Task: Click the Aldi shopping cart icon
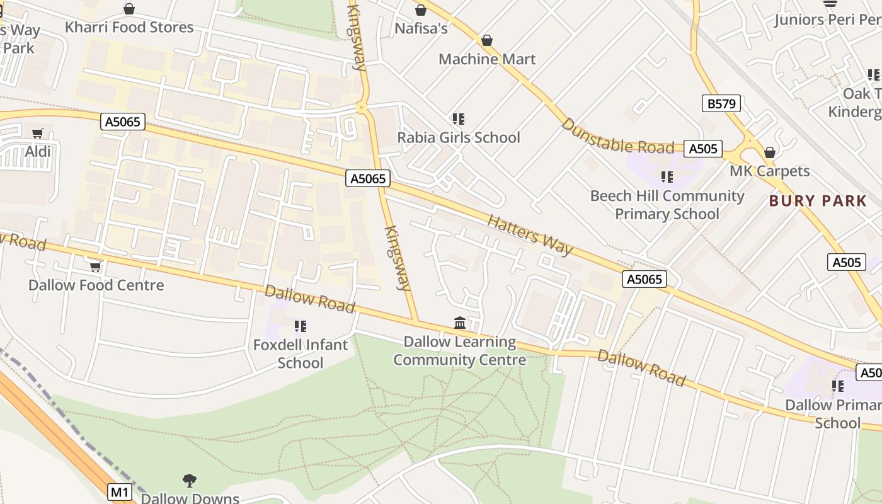(x=37, y=133)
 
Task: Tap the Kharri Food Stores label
(x=129, y=27)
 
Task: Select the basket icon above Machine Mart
(x=486, y=41)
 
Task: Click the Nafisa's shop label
(x=421, y=28)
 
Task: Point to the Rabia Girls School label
(x=459, y=137)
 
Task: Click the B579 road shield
(x=721, y=103)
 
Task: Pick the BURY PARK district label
(x=818, y=201)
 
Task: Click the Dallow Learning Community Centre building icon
(x=460, y=323)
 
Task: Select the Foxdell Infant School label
(x=301, y=353)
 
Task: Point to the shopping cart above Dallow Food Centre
(x=95, y=267)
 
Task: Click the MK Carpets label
(x=769, y=171)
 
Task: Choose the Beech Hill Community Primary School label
(x=667, y=205)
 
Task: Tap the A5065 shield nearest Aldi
(x=123, y=122)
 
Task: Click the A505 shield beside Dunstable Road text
(x=703, y=149)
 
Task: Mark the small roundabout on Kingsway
(x=361, y=108)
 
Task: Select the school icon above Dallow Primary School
(x=837, y=386)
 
